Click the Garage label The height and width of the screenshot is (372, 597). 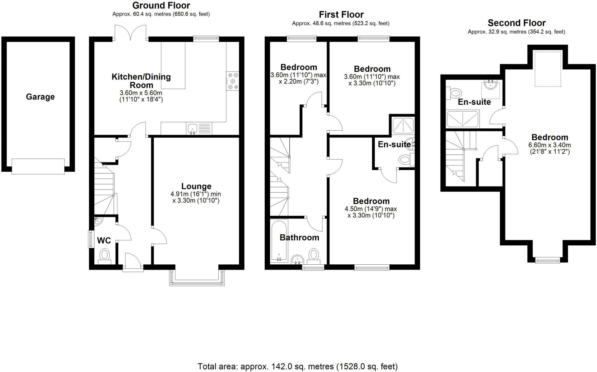click(x=40, y=97)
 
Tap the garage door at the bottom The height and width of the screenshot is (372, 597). click(x=38, y=167)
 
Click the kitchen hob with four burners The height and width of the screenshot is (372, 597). click(x=233, y=81)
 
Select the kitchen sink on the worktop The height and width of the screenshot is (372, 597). click(x=193, y=129)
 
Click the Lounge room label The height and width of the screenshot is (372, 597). click(x=196, y=186)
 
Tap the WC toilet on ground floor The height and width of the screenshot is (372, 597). click(x=104, y=256)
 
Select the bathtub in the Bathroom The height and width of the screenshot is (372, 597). click(x=279, y=240)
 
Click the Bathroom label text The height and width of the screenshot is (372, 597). click(x=299, y=237)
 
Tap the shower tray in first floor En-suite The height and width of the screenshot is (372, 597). click(x=403, y=125)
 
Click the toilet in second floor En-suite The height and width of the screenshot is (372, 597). click(x=455, y=93)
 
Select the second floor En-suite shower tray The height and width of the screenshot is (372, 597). click(x=463, y=119)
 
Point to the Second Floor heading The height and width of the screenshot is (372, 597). click(x=517, y=23)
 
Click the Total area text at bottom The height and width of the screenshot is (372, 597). click(x=297, y=366)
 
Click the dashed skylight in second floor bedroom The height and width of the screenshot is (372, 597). click(x=548, y=69)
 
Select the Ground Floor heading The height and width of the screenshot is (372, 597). click(x=161, y=5)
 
